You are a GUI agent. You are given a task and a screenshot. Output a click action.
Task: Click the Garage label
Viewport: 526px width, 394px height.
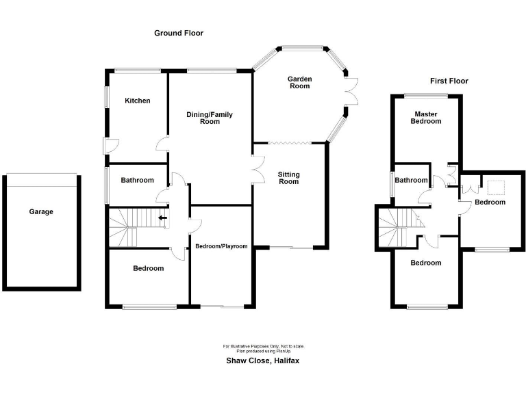coord(41,212)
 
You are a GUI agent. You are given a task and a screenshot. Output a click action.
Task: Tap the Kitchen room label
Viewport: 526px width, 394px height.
coord(137,101)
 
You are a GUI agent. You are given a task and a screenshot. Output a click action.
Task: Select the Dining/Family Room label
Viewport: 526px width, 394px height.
coord(210,118)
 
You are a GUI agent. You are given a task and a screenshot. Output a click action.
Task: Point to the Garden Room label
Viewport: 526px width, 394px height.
coord(299,83)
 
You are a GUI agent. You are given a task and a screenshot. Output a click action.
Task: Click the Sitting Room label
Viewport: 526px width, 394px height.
coord(289,178)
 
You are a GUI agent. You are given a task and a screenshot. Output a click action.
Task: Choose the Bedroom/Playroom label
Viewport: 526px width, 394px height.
coord(221,246)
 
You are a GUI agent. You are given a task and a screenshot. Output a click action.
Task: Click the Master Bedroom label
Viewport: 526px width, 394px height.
coord(426,117)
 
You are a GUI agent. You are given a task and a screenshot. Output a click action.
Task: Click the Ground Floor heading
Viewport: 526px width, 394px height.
coord(179,33)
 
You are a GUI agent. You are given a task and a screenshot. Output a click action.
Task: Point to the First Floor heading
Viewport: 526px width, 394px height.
coord(449,81)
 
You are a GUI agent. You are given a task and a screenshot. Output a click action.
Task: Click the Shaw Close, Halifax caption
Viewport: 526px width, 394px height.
coord(263,360)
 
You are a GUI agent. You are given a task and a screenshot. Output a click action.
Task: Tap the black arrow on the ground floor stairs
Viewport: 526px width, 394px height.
coord(162,218)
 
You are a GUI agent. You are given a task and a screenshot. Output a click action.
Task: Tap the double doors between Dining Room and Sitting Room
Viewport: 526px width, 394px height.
coord(257,168)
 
